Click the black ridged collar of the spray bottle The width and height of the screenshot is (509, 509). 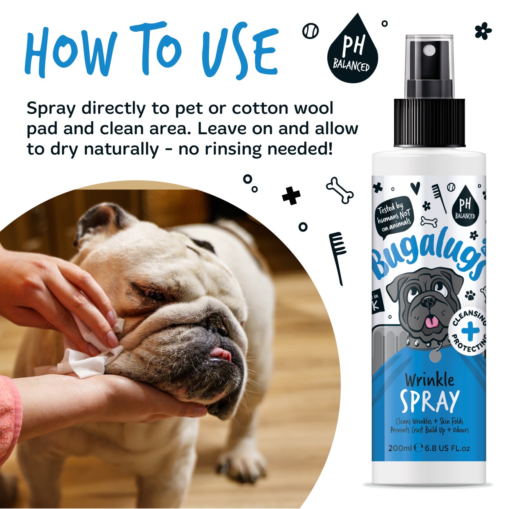pos(430,123)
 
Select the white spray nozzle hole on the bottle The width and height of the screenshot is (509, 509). pos(429,49)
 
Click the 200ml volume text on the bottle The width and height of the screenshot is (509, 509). pos(400,448)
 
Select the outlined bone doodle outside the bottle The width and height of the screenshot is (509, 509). pos(340,190)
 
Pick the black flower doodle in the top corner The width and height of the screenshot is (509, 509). pos(483,31)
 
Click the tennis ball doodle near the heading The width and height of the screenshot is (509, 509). pos(310,32)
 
